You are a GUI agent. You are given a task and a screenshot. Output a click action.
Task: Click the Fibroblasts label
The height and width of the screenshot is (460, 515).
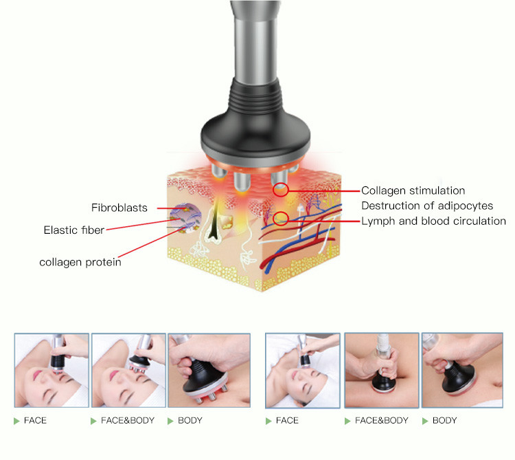(x=119, y=208)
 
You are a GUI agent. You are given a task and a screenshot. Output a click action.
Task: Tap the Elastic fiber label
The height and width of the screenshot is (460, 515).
(x=74, y=230)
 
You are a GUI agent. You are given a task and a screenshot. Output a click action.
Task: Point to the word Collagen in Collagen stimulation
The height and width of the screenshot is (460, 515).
(x=383, y=190)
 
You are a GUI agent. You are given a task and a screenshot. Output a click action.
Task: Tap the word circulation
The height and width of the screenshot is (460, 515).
(x=479, y=221)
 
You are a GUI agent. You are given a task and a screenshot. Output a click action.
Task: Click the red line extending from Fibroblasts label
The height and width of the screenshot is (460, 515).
(x=172, y=208)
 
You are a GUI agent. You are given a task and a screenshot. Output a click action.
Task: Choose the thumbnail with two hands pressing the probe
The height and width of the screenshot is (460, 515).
(x=381, y=370)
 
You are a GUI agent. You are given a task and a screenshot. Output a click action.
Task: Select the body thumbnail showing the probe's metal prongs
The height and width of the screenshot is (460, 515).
(x=209, y=370)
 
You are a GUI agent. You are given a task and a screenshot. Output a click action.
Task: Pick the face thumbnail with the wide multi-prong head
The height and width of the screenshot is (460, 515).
(x=128, y=370)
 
